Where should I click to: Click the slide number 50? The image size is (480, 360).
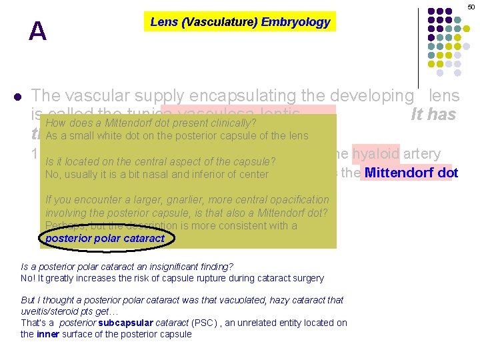471,7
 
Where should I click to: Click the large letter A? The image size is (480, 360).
38,31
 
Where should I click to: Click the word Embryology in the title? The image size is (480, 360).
295,22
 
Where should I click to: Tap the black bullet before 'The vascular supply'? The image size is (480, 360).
17,96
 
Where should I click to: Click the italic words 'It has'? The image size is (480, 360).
433,115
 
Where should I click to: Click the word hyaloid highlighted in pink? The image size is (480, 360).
376,154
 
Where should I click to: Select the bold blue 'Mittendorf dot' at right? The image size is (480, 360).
409,173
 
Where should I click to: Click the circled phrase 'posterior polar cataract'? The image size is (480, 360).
105,238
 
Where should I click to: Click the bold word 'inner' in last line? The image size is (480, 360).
49,334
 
